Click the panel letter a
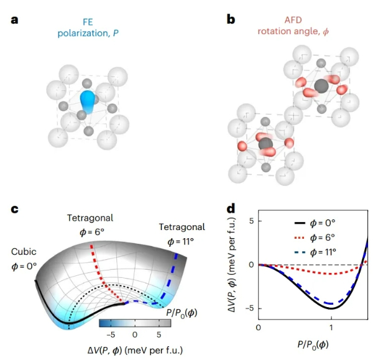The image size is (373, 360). [14, 20]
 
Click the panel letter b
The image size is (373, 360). [231, 20]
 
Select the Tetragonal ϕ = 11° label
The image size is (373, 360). [182, 233]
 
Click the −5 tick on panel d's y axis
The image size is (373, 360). [248, 308]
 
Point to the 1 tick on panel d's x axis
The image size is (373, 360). [331, 328]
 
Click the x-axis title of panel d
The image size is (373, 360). [313, 344]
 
